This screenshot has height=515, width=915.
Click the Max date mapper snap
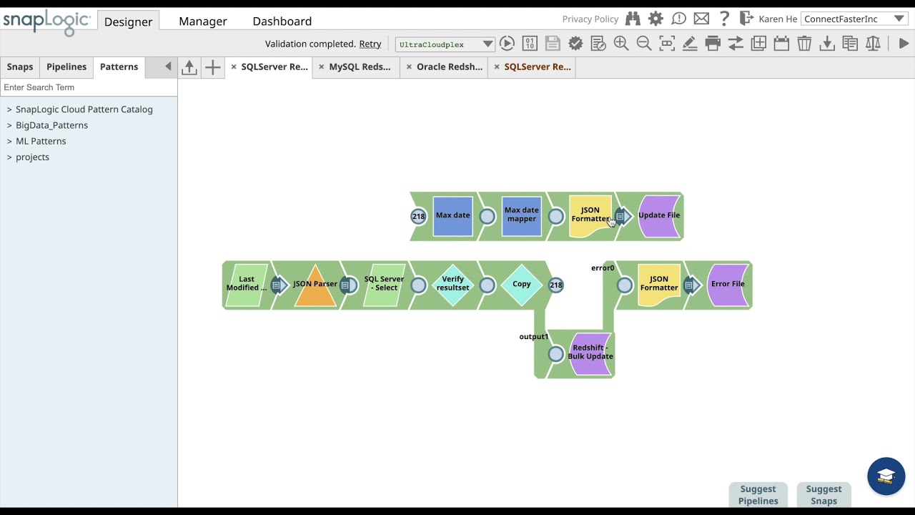coord(521,215)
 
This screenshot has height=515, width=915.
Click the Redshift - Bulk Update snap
coord(590,353)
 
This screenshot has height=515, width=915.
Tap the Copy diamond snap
coord(521,285)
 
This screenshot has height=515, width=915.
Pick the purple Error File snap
coord(728,285)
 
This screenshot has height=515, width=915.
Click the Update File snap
coord(659,215)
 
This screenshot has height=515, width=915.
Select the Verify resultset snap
coord(452,285)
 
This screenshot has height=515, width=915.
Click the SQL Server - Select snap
coord(384,285)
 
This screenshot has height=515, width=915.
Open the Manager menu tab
coord(202,21)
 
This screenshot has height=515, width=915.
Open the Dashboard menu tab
coord(282,21)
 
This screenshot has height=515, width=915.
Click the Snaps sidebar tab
coord(20,67)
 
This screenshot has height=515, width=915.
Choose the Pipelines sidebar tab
coord(66,67)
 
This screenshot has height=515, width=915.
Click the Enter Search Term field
coord(88,87)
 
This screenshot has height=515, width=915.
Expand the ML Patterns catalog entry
coord(41,141)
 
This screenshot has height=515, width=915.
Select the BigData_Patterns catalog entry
coord(51,125)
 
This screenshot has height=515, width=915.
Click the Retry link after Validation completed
coord(370,44)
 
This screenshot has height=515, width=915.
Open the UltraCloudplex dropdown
coord(445,44)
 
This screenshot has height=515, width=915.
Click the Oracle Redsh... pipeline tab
coord(449,67)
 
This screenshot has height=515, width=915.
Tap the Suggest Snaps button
coord(823,494)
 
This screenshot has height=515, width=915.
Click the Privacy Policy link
coord(590,19)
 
